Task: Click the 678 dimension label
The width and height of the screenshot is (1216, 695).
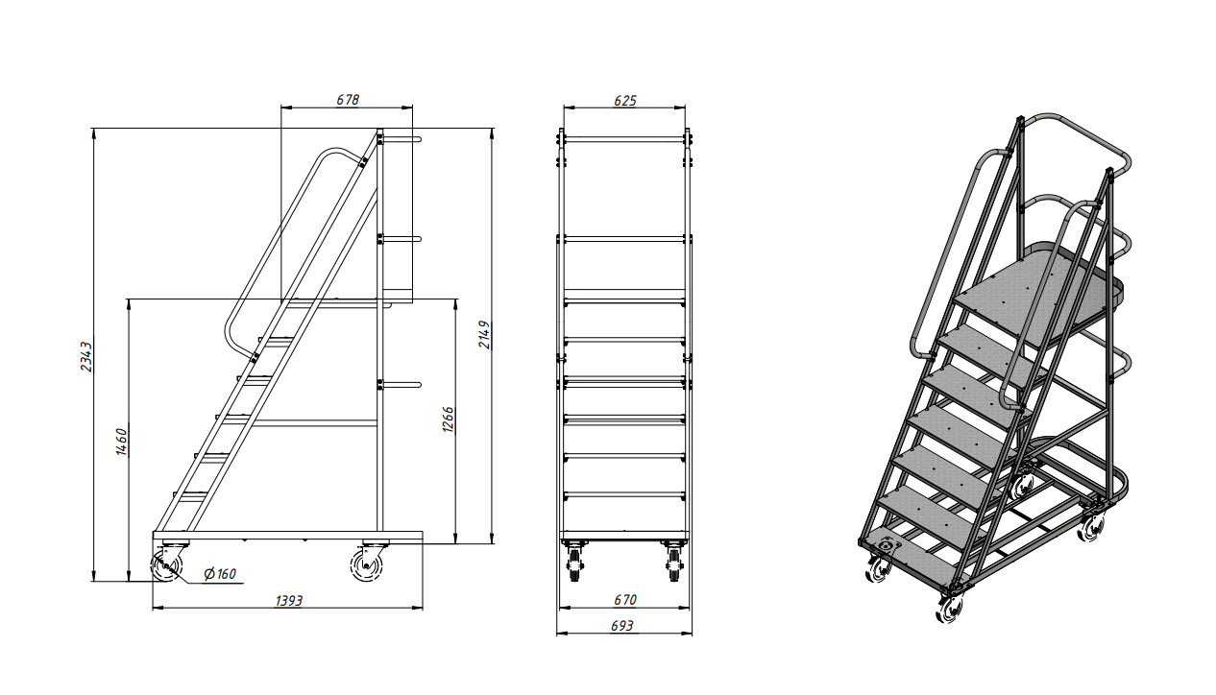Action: click(348, 100)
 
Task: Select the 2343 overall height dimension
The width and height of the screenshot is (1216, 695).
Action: click(86, 356)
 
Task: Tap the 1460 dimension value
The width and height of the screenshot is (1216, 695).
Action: click(122, 442)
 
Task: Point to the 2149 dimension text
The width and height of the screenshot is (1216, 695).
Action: click(484, 334)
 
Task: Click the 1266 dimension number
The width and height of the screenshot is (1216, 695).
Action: click(449, 419)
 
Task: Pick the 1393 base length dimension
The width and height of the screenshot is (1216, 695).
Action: click(289, 601)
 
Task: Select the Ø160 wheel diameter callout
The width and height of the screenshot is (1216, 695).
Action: click(219, 573)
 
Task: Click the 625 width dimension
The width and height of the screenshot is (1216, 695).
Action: click(625, 101)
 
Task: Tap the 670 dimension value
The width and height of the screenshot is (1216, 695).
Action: click(625, 600)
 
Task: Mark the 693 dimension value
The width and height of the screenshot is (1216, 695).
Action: click(622, 626)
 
